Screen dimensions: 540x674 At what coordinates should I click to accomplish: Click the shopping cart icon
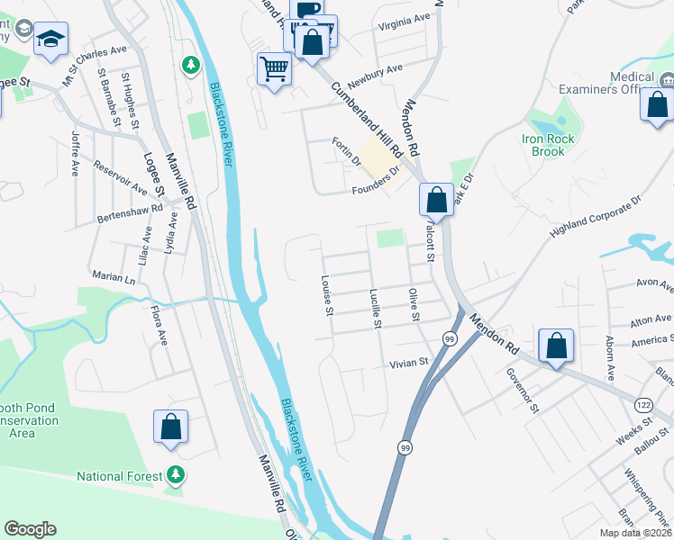(274, 68)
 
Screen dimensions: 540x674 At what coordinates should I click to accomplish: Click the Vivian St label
(406, 364)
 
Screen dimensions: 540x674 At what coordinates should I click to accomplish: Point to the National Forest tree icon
(177, 474)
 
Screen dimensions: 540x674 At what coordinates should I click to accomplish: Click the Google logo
(30, 529)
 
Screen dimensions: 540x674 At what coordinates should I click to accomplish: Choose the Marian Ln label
(113, 278)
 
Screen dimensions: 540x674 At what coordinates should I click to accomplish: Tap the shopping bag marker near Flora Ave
(170, 428)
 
